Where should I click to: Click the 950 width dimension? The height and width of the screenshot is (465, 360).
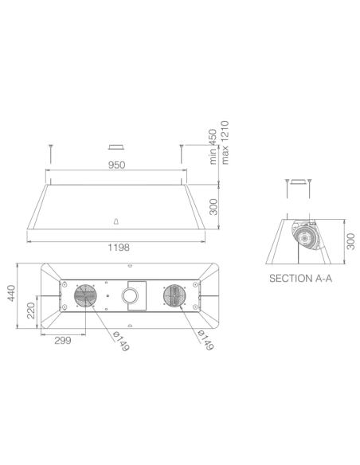[x=115, y=166]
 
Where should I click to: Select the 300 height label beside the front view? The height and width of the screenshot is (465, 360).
[x=213, y=209]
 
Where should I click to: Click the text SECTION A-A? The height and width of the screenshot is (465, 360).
[x=299, y=279]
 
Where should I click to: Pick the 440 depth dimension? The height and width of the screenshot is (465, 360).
[x=11, y=295]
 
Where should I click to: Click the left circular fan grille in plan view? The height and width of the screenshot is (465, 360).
[x=85, y=298]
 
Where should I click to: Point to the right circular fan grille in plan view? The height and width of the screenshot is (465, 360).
[x=174, y=298]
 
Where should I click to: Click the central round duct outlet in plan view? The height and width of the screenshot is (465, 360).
[x=130, y=298]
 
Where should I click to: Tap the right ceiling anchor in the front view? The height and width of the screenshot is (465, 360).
[x=182, y=149]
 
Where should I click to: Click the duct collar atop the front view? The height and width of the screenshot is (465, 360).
[x=116, y=148]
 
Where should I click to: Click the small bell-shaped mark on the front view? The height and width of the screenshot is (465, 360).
[x=116, y=221]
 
